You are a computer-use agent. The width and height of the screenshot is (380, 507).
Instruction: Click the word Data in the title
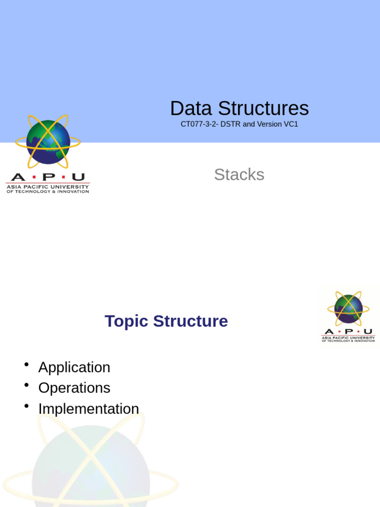click(x=191, y=108)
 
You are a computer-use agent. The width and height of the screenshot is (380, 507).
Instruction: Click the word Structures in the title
click(x=263, y=108)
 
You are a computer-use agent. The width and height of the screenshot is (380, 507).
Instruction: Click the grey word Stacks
click(x=239, y=174)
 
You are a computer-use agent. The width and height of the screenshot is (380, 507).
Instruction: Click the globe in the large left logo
click(x=48, y=142)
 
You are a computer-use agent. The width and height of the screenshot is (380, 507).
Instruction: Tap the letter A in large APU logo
click(x=18, y=177)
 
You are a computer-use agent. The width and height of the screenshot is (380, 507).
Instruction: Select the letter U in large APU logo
click(x=78, y=177)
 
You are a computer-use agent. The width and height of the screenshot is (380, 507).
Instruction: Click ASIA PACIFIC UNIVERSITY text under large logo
click(x=47, y=187)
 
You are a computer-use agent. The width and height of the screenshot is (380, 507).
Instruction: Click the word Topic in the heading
click(x=127, y=321)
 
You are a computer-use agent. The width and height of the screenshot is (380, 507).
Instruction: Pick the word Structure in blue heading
click(x=190, y=321)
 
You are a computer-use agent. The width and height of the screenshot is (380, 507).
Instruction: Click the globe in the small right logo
click(x=348, y=308)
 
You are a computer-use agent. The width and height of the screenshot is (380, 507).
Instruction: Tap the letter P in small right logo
click(x=348, y=331)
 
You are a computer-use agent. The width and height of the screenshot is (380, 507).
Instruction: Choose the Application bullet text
click(x=74, y=367)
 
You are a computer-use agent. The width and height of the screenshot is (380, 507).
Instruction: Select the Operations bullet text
click(x=74, y=388)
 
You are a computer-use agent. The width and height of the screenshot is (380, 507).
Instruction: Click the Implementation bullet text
click(x=89, y=409)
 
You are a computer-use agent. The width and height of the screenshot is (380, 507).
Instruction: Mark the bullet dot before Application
click(x=27, y=365)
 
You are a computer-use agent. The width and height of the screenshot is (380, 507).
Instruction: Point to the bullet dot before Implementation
click(x=27, y=406)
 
